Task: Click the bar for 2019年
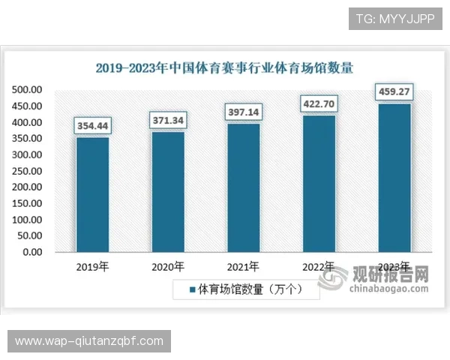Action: (x=92, y=194)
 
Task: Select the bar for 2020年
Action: (x=168, y=191)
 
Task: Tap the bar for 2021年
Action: (x=243, y=187)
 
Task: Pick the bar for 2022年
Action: (x=318, y=183)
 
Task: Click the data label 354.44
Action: (x=92, y=125)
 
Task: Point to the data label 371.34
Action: (x=168, y=120)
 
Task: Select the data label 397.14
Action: (x=243, y=112)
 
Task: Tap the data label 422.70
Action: (x=318, y=103)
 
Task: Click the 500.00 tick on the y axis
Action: (x=27, y=89)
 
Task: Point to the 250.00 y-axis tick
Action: (x=27, y=171)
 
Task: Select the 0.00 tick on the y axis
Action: (x=32, y=252)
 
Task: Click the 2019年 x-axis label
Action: (x=93, y=267)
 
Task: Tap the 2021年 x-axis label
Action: (x=243, y=267)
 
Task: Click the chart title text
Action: (x=225, y=67)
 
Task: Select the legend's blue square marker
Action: (x=192, y=289)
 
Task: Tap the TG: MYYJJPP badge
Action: (x=395, y=18)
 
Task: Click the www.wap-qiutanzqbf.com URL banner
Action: (x=89, y=341)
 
